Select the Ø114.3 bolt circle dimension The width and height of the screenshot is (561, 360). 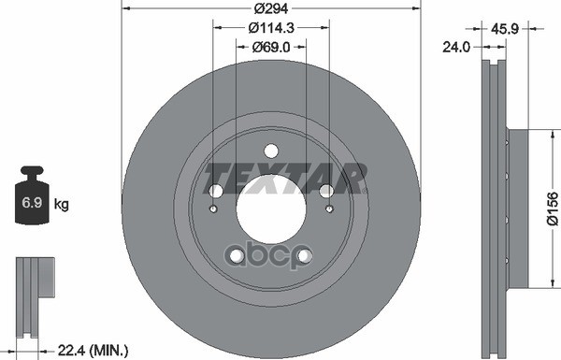pos(271,28)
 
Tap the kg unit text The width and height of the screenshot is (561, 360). pos(62,203)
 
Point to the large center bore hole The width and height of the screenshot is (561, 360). pos(271,208)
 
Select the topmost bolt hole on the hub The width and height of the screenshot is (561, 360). pos(271,151)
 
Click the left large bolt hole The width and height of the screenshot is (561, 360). pos(214,192)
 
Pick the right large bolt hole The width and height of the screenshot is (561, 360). pos(327,192)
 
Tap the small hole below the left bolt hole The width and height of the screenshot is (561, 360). pos(214,209)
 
